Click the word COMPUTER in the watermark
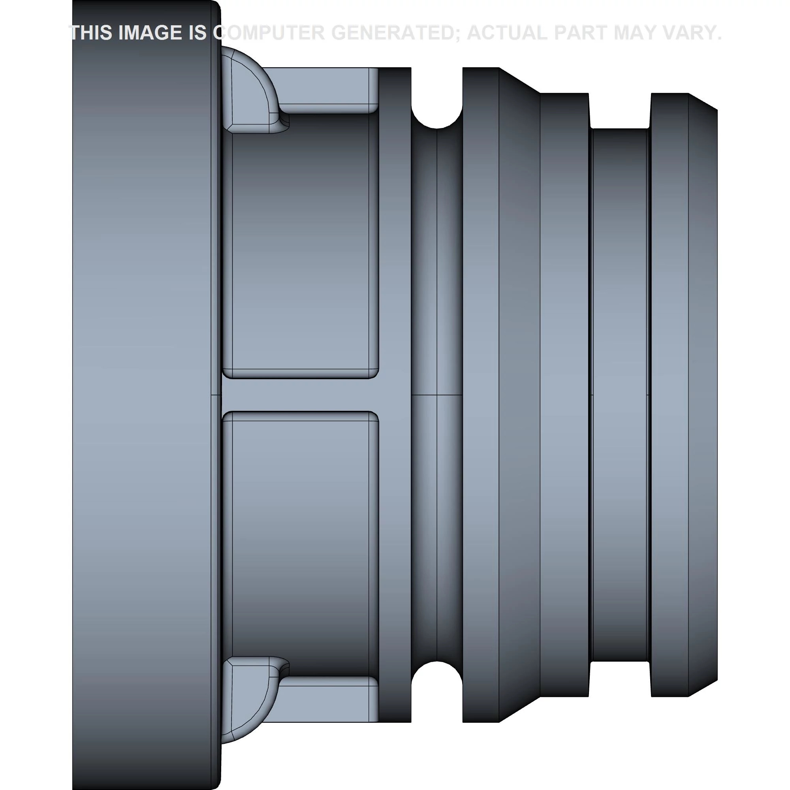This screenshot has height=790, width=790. (x=270, y=33)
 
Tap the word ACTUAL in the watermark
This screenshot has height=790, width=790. (x=507, y=33)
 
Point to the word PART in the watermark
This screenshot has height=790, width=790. (x=580, y=33)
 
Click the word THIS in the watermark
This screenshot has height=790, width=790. (x=91, y=33)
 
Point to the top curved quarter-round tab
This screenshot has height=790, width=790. (x=249, y=90)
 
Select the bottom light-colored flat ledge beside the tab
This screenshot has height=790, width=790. (x=327, y=704)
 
